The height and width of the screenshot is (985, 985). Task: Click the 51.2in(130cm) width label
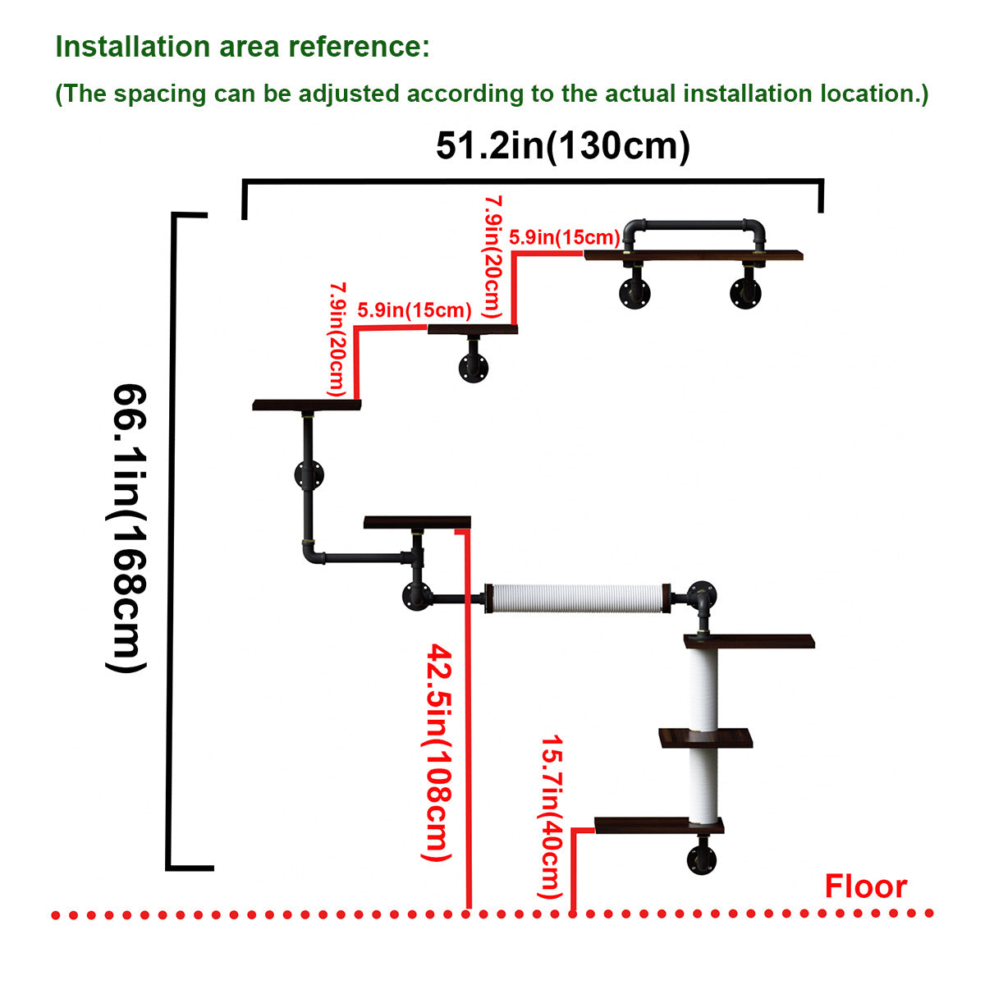tap(562, 146)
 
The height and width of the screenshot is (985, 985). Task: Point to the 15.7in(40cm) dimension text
tap(552, 816)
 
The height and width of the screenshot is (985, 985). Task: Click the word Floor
tap(865, 886)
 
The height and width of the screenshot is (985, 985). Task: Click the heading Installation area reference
tap(242, 47)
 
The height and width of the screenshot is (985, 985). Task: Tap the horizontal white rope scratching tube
tap(574, 598)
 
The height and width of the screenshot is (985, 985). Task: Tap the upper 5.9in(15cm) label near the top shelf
tap(564, 237)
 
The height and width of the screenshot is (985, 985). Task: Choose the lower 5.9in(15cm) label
tap(415, 309)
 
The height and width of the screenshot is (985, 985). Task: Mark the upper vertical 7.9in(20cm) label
tap(493, 256)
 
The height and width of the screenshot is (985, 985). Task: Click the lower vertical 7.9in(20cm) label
tap(337, 339)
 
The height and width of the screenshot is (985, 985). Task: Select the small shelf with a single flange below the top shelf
tap(473, 330)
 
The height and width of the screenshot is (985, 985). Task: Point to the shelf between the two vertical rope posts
tap(706, 738)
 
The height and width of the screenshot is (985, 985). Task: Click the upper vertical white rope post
tap(703, 688)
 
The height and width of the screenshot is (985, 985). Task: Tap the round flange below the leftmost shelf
tap(309, 474)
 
